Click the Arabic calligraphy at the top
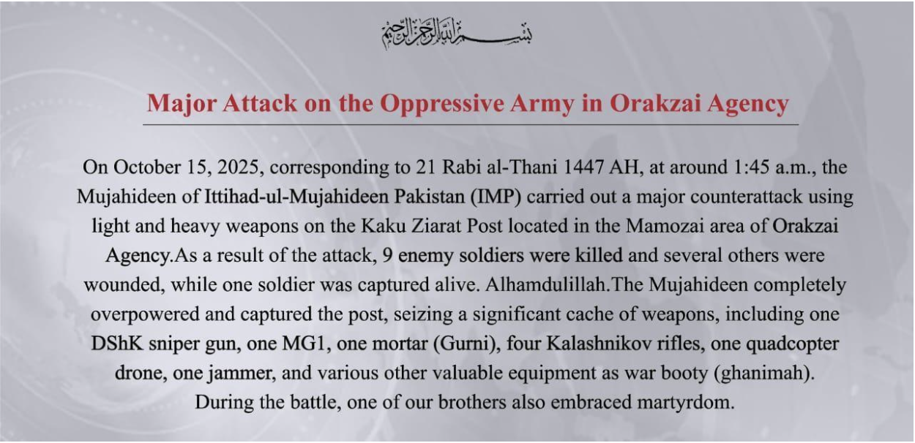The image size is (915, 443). coord(457,34)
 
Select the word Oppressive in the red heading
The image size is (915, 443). coord(442,104)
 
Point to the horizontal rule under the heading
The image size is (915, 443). coord(471,124)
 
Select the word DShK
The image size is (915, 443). coord(117,344)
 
